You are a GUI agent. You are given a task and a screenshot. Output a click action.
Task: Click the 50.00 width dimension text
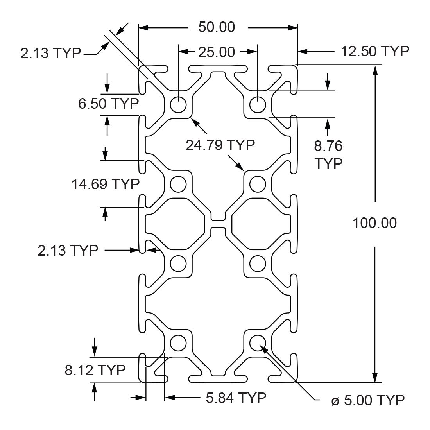point(217,27)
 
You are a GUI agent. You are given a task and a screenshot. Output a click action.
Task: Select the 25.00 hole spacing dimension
point(217,52)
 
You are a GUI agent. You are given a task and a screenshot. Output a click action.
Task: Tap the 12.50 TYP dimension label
point(375,51)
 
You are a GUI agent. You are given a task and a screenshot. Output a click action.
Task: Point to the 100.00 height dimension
point(374,223)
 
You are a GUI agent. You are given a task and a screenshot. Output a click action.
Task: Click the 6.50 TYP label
point(109,104)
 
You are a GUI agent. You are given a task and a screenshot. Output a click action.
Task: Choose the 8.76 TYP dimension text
point(328,154)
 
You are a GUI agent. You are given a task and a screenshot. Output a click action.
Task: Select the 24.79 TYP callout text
point(220,145)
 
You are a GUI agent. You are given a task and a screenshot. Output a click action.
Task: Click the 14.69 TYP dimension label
point(106,183)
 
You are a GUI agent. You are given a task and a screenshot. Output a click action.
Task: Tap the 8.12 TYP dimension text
point(95,369)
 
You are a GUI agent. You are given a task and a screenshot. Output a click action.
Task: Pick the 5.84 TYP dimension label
point(236,398)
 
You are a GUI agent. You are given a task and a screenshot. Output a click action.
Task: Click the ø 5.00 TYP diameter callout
point(367,400)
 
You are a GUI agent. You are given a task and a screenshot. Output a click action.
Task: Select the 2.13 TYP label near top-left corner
point(50,53)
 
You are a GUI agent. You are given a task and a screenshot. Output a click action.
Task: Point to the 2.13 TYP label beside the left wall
point(68,250)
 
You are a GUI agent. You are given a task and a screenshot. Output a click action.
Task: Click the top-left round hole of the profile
point(179,104)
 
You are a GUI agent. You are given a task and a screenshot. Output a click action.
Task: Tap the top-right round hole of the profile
point(258,104)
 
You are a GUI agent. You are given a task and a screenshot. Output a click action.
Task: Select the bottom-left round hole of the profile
point(178,343)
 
